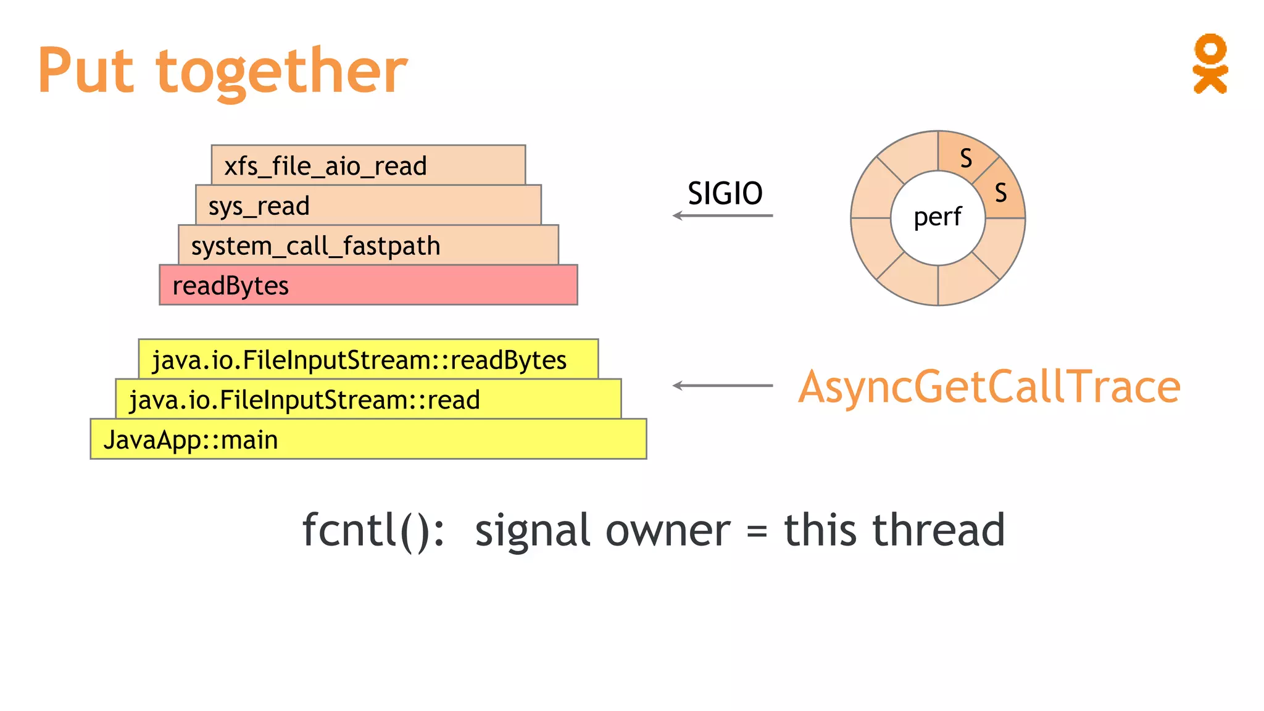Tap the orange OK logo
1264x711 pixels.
pyautogui.click(x=1210, y=64)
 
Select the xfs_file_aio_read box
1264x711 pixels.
pyautogui.click(x=368, y=165)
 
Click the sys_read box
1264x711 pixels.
pyautogui.click(x=368, y=206)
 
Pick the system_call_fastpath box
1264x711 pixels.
pyautogui.click(x=368, y=246)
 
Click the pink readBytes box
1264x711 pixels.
pyautogui.click(x=368, y=285)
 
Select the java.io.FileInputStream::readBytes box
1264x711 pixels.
pyautogui.click(x=368, y=359)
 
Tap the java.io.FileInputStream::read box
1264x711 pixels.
pyautogui.click(x=368, y=399)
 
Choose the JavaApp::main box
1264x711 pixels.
pyautogui.click(x=368, y=439)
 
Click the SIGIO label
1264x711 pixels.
pyautogui.click(x=725, y=194)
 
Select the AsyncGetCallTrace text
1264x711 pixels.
pyautogui.click(x=989, y=387)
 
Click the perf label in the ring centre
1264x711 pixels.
pyautogui.click(x=937, y=217)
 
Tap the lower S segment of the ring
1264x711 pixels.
pyautogui.click(x=1000, y=193)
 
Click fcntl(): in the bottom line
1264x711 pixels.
pyautogui.click(x=373, y=530)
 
